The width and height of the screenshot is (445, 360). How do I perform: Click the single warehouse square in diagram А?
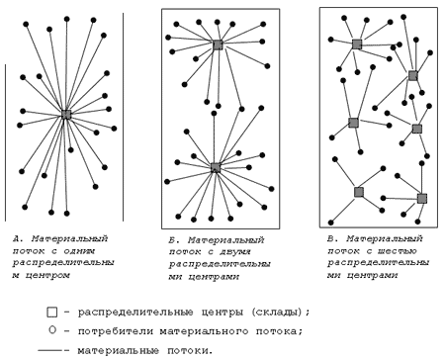(x=66, y=115)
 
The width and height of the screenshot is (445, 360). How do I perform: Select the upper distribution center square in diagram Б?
(x=218, y=45)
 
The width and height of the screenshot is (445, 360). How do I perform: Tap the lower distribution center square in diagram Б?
(x=216, y=167)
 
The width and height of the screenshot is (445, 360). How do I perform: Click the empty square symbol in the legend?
(x=51, y=313)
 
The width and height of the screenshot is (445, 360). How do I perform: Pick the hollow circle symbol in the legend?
(x=52, y=330)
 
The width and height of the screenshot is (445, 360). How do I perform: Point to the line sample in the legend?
(x=50, y=350)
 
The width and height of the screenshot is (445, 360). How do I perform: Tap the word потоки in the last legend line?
(x=188, y=350)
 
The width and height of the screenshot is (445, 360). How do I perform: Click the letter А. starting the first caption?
(x=17, y=238)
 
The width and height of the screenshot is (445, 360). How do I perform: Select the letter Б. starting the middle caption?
(x=173, y=240)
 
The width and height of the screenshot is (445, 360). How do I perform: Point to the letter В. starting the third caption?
(x=331, y=238)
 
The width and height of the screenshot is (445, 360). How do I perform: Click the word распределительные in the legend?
(x=135, y=313)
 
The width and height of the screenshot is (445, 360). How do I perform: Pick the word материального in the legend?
(x=204, y=330)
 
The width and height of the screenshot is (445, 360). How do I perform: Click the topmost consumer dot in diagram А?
(x=66, y=19)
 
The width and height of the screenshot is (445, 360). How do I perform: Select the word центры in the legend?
(x=222, y=313)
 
